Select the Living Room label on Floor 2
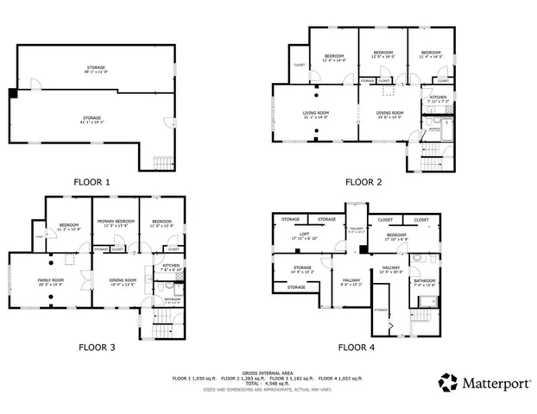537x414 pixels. point(317,115)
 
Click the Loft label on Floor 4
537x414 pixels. point(303,235)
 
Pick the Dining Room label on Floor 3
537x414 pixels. point(123,281)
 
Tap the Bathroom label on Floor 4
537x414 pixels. point(424,281)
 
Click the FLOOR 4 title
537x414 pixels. point(357,348)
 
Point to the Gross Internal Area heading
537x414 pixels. point(268,366)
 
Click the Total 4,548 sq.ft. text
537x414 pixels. point(268,383)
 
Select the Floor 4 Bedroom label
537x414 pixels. point(396,235)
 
